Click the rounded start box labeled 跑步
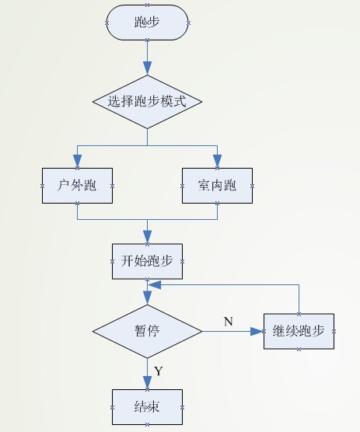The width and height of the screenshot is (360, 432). [147, 23]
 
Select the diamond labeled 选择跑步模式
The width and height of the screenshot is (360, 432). [147, 101]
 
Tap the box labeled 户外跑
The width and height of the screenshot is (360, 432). [76, 186]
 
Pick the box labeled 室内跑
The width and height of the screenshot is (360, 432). [218, 186]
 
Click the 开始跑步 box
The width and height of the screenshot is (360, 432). [147, 261]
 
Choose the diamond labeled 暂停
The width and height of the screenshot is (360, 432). [147, 330]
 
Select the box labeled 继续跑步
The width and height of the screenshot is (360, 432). [299, 330]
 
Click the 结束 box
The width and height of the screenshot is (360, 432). [147, 407]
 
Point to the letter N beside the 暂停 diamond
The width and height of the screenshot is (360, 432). [228, 321]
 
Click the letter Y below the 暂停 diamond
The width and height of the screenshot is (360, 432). [158, 371]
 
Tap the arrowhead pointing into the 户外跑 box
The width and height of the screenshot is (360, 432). [76, 162]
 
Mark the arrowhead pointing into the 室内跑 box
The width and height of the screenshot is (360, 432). [218, 162]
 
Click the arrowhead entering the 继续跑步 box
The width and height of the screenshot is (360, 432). [258, 330]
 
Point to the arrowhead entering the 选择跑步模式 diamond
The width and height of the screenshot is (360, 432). [147, 69]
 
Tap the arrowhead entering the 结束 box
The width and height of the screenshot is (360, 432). [147, 383]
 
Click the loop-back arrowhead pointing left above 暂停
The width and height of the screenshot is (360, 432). [154, 285]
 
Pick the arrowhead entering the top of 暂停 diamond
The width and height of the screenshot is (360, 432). [147, 298]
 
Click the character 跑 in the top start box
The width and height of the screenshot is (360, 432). [140, 23]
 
